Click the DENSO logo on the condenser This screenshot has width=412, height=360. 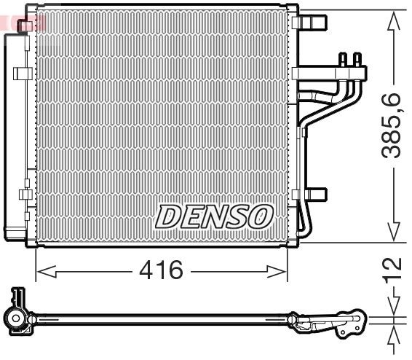215,216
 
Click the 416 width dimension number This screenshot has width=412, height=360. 161,271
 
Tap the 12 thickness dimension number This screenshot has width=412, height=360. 393,269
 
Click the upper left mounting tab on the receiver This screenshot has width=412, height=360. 23,73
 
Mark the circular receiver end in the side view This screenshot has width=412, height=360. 16,318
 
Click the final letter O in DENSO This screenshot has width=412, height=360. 261,216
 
